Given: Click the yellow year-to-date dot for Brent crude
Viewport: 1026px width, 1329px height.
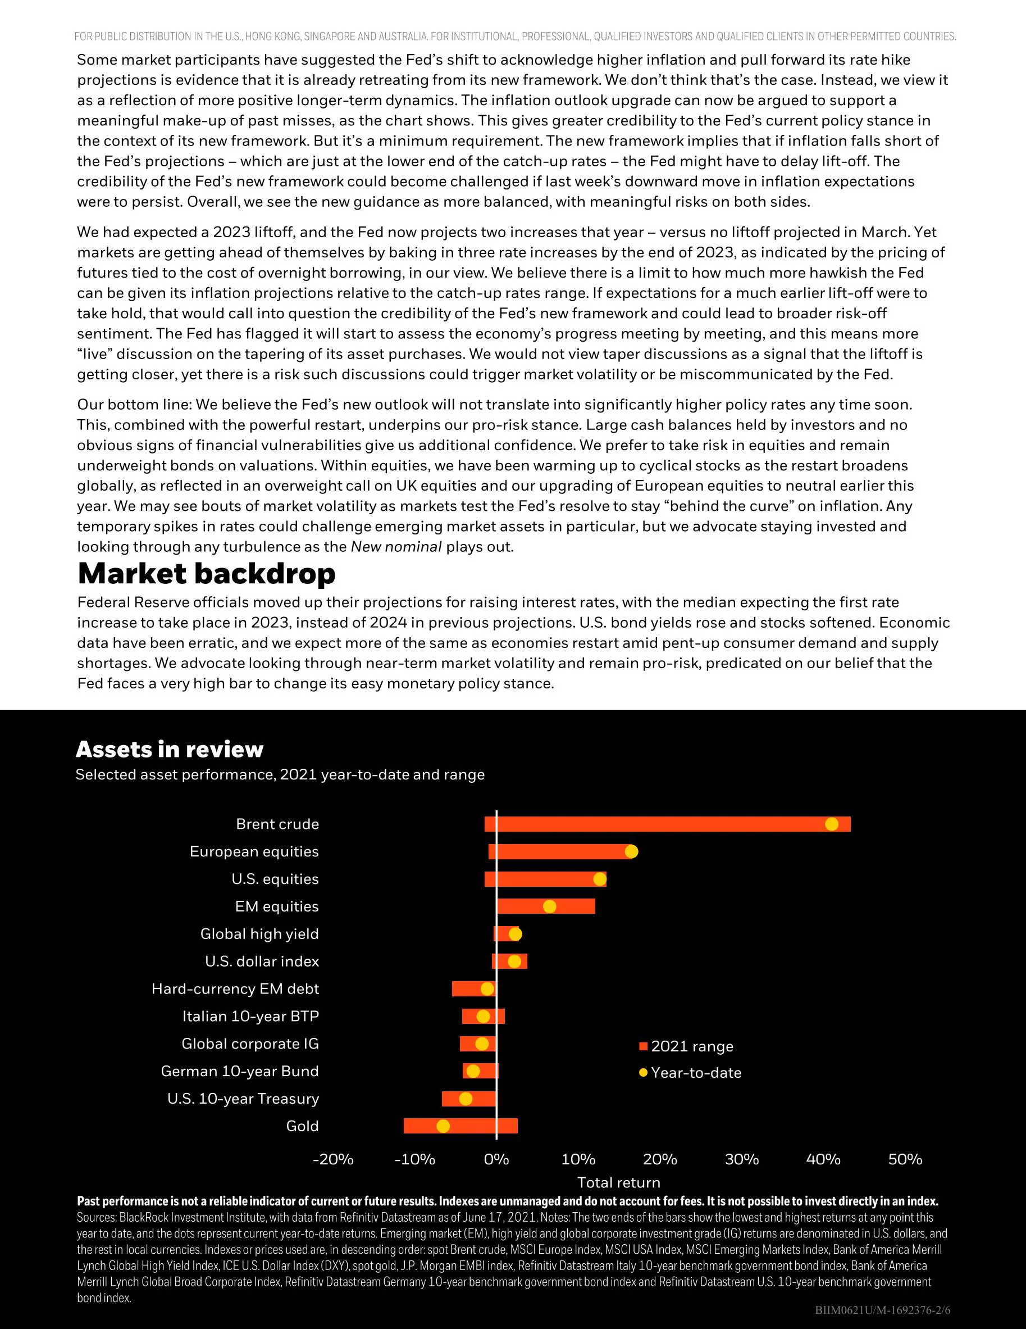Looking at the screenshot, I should point(831,824).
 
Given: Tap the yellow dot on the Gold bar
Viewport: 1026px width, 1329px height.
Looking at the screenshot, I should point(443,1126).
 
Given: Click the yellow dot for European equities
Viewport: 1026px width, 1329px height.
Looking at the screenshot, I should point(631,851).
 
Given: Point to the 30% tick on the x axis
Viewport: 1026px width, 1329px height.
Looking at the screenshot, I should point(741,1159).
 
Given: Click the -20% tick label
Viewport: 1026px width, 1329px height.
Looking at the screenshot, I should point(332,1159).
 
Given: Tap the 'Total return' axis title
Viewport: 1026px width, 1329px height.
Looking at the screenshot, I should point(618,1182).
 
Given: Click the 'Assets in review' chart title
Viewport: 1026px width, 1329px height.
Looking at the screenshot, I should point(169,749).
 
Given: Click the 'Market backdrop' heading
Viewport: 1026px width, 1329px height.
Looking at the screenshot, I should point(206,573).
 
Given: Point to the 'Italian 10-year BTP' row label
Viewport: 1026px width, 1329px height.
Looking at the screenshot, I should point(250,1016).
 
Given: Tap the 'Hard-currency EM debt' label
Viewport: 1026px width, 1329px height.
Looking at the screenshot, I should point(235,989).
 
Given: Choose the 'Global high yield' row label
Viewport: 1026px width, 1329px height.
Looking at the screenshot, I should point(259,933).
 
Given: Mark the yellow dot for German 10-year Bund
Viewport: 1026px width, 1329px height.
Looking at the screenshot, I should point(473,1071).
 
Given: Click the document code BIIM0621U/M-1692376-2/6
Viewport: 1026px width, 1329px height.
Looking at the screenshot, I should point(882,1309).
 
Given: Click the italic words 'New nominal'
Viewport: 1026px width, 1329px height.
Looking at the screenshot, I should point(396,546).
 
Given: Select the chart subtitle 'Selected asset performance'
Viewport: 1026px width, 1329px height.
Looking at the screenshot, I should point(280,775).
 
